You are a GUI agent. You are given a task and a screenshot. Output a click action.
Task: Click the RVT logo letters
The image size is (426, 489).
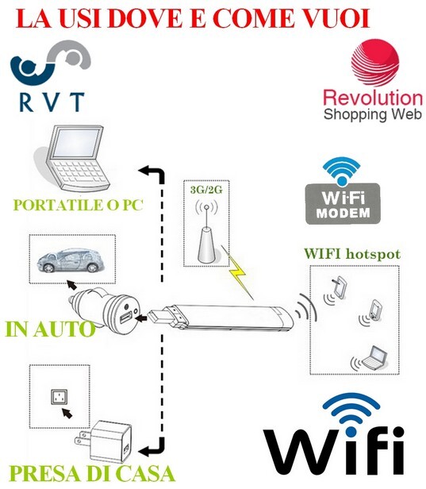[52, 102]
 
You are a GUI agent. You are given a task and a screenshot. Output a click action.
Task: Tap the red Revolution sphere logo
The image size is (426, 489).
[375, 63]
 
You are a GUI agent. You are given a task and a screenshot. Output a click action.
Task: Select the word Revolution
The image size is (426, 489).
[373, 98]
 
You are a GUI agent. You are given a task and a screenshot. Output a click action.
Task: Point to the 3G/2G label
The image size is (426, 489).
[206, 189]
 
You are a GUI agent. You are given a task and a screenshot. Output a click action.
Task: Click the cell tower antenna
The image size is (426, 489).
[206, 234]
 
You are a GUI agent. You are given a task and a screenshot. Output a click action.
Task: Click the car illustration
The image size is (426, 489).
[71, 260]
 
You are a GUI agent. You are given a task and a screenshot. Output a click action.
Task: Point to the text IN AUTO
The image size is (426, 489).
[50, 329]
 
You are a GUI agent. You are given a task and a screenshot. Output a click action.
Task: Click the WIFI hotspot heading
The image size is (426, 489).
[352, 253]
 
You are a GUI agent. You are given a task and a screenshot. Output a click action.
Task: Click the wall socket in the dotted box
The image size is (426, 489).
[59, 397]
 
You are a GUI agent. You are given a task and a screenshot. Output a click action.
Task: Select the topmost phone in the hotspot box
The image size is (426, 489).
[340, 287]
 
